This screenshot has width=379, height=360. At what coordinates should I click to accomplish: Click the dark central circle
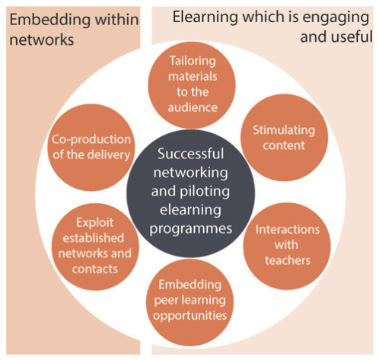190,193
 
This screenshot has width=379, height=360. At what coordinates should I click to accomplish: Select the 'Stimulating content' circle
284,138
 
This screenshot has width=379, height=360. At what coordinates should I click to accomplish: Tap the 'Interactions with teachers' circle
287,246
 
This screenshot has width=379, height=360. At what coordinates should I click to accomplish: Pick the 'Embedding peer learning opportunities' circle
189,302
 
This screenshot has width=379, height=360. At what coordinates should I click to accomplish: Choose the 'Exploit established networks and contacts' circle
95,247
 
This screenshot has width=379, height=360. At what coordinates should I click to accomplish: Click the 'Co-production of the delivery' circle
91,147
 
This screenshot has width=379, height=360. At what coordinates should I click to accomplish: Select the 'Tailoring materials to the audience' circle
192,84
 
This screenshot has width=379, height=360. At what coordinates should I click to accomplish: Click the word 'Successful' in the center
190,154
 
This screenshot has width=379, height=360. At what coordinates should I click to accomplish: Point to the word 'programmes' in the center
191,229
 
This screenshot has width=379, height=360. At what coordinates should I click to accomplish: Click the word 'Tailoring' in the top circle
193,61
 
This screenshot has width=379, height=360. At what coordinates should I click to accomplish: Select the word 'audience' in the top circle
193,107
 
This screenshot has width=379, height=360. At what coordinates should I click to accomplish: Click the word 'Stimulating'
284,130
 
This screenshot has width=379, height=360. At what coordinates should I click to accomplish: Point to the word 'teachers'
288,260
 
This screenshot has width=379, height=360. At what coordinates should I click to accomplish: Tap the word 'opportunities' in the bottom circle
190,316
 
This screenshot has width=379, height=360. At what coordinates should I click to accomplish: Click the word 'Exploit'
95,223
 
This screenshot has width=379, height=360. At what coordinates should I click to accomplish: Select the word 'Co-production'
91,140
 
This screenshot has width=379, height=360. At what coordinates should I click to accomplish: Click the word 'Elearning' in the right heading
205,18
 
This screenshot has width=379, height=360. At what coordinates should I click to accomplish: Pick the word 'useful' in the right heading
351,37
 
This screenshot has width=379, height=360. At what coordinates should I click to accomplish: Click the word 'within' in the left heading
116,20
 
